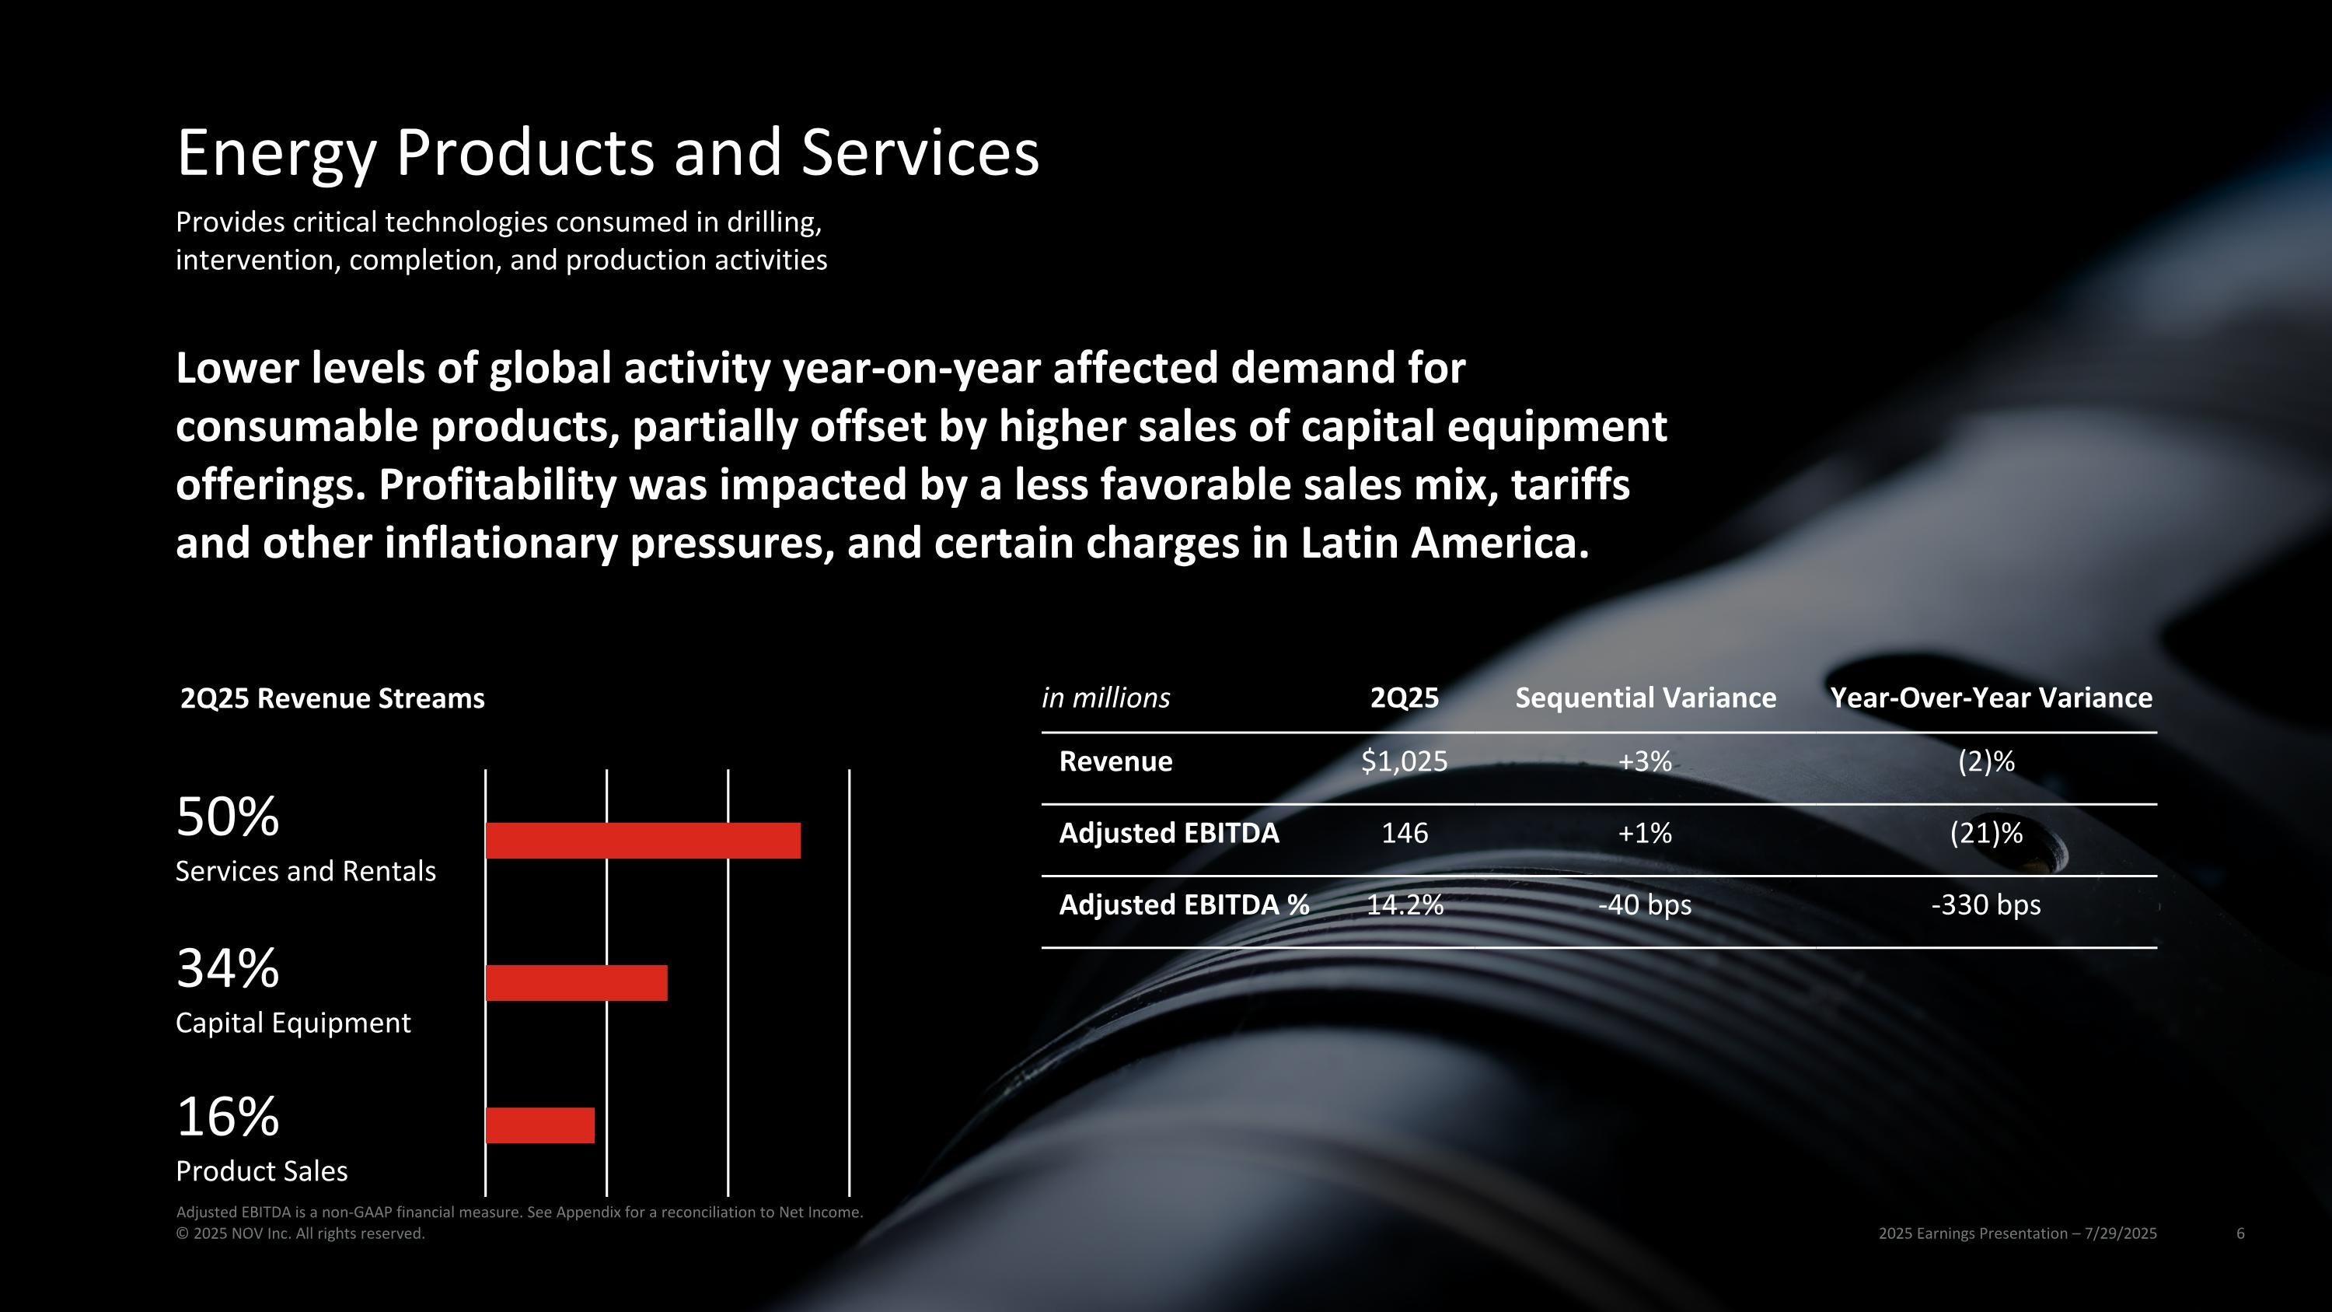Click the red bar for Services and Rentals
(643, 840)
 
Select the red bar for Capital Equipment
(576, 982)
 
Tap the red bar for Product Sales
(539, 1125)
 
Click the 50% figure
(227, 817)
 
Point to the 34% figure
(227, 968)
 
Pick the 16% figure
(227, 1117)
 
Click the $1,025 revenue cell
(1404, 761)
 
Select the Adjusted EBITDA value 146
(1404, 833)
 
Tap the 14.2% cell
(1404, 904)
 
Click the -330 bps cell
(1985, 904)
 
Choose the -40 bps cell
(1644, 904)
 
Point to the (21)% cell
(1985, 833)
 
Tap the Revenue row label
(1115, 761)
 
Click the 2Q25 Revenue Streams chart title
(332, 699)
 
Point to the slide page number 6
(2239, 1233)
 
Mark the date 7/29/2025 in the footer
(2120, 1233)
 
